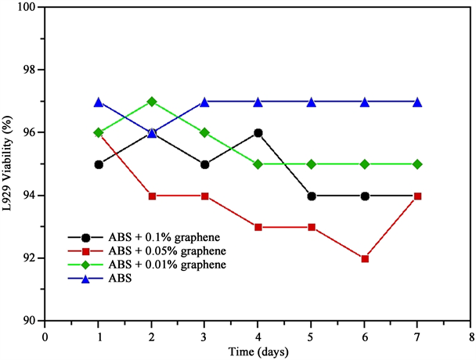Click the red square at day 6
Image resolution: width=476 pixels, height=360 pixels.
click(364, 258)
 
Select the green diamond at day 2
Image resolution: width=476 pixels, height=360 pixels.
click(152, 102)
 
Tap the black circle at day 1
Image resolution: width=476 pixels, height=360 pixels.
click(99, 164)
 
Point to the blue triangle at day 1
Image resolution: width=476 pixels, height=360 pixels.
click(99, 102)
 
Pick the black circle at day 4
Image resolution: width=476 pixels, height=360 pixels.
click(258, 133)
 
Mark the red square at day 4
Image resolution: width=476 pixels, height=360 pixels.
click(258, 227)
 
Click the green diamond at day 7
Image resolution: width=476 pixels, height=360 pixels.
click(417, 164)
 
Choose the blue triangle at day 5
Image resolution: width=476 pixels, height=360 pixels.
click(311, 102)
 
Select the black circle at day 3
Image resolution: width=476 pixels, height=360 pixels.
click(204, 164)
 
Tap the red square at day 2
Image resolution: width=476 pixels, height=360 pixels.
click(152, 196)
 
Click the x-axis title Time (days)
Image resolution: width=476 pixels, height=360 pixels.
click(258, 351)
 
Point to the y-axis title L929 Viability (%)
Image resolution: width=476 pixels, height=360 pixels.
click(10, 164)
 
